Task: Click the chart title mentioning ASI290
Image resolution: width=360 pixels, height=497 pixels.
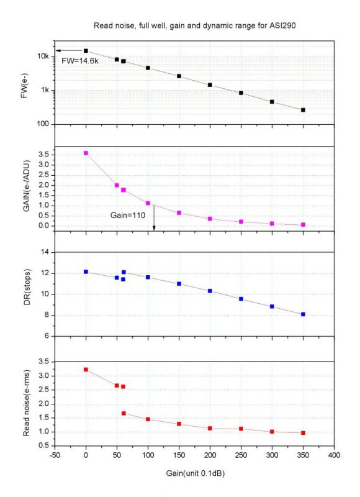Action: pyautogui.click(x=194, y=25)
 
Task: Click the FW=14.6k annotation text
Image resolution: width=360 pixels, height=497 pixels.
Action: pyautogui.click(x=80, y=61)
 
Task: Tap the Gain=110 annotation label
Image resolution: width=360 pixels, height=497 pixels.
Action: pyautogui.click(x=128, y=215)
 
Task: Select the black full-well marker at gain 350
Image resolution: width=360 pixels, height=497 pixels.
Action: pyautogui.click(x=303, y=110)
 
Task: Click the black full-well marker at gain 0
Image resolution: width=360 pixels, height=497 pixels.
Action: pyautogui.click(x=86, y=51)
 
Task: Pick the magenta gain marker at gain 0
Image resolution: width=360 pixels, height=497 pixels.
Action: pyautogui.click(x=86, y=153)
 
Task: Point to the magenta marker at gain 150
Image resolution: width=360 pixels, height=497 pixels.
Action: pyautogui.click(x=179, y=212)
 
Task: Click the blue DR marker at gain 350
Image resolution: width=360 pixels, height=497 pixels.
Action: pyautogui.click(x=303, y=314)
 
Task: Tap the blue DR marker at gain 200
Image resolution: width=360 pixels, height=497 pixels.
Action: pyautogui.click(x=210, y=291)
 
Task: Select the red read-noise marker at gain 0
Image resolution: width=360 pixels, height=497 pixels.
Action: pyautogui.click(x=86, y=370)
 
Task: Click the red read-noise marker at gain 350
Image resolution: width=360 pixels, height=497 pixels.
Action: pyautogui.click(x=303, y=432)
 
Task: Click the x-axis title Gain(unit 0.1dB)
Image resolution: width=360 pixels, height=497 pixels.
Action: pyautogui.click(x=196, y=473)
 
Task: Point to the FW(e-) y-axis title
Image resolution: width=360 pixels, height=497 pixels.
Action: pyautogui.click(x=24, y=85)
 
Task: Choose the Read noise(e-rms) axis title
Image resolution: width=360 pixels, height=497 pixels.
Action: pyautogui.click(x=26, y=403)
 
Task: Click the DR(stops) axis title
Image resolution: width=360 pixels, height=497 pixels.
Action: pyautogui.click(x=27, y=287)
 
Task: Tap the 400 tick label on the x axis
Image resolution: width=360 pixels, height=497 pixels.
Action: pyautogui.click(x=334, y=455)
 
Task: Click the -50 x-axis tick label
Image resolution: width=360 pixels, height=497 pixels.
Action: pyautogui.click(x=55, y=455)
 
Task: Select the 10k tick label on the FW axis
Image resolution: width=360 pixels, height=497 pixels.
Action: pyautogui.click(x=43, y=57)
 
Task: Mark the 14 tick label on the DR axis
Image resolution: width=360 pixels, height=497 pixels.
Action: pyautogui.click(x=45, y=252)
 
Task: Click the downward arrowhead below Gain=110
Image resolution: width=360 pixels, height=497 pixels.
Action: pyautogui.click(x=154, y=227)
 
